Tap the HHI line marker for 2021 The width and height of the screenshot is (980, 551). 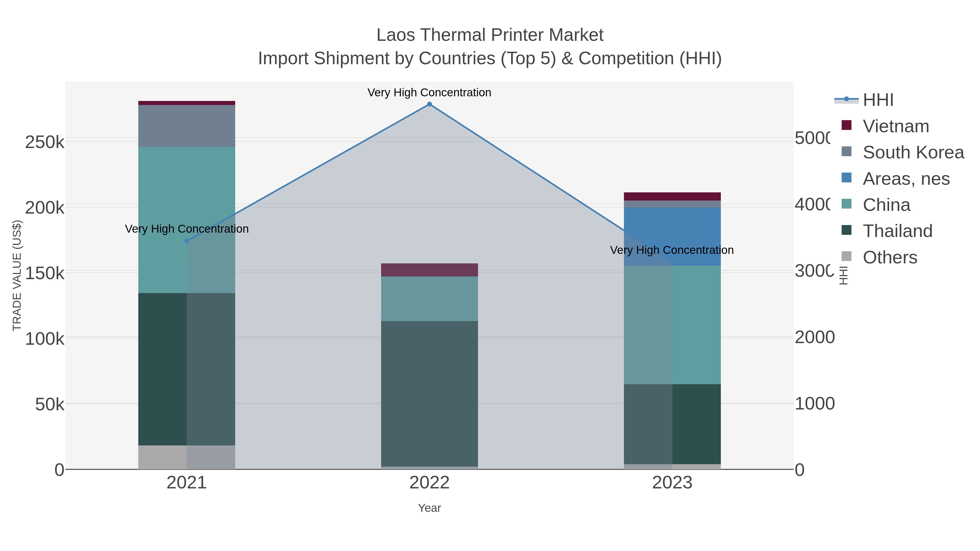(186, 241)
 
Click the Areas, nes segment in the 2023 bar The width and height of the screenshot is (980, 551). (672, 236)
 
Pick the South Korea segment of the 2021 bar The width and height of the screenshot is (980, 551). (186, 126)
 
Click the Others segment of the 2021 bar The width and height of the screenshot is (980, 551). (186, 457)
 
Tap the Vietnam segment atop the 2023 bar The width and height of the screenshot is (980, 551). (672, 196)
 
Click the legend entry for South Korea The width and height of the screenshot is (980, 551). (913, 152)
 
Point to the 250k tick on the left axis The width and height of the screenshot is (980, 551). (45, 143)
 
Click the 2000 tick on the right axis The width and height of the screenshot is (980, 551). (814, 338)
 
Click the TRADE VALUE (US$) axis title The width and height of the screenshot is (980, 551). (17, 275)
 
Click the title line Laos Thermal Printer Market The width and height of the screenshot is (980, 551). (490, 35)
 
